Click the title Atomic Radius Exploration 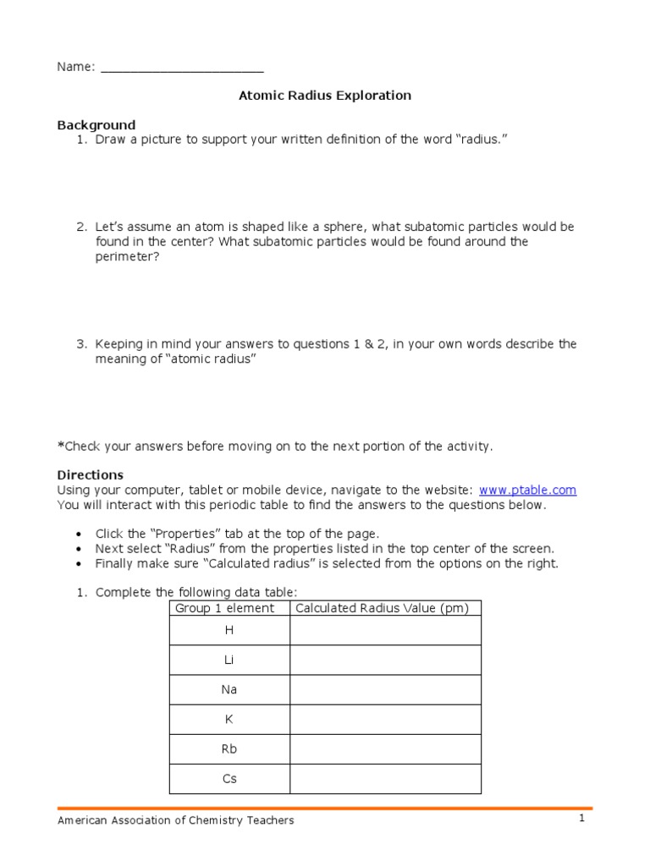click(325, 96)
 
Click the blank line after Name click(182, 68)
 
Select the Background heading click(96, 125)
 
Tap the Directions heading click(90, 474)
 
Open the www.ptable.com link click(527, 490)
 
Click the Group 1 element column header click(224, 608)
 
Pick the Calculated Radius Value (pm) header click(385, 608)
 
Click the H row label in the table click(229, 630)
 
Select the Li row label click(229, 660)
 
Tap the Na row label click(229, 689)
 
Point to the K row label click(229, 719)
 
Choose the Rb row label click(229, 749)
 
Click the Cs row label click(229, 779)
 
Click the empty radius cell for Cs click(385, 779)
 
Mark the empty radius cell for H click(385, 630)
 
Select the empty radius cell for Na click(385, 689)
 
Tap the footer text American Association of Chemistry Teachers click(175, 820)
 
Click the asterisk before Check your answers click(60, 445)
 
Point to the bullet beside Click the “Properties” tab click(79, 534)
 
